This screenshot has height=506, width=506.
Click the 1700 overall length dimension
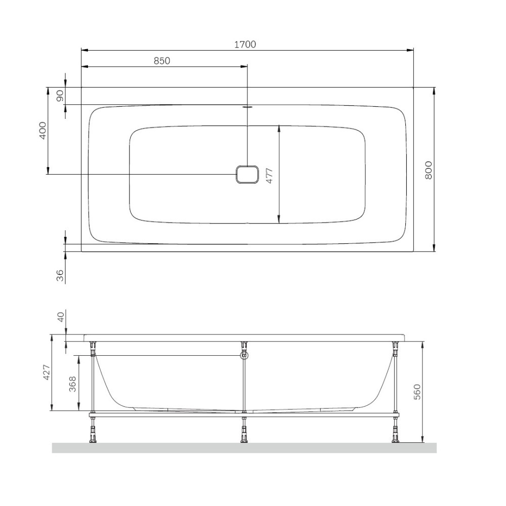click(x=245, y=44)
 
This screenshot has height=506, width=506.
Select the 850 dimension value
click(x=162, y=61)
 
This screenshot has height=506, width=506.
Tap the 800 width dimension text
click(x=428, y=170)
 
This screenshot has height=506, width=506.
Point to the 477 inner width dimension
click(x=270, y=176)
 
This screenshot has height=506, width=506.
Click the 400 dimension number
click(x=43, y=131)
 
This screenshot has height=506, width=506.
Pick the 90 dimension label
click(x=60, y=96)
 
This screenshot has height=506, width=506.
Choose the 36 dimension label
click(x=60, y=275)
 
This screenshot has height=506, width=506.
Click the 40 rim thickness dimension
click(x=61, y=316)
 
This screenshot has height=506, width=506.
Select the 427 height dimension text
click(x=47, y=372)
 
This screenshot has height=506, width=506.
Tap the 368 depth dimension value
click(x=73, y=384)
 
